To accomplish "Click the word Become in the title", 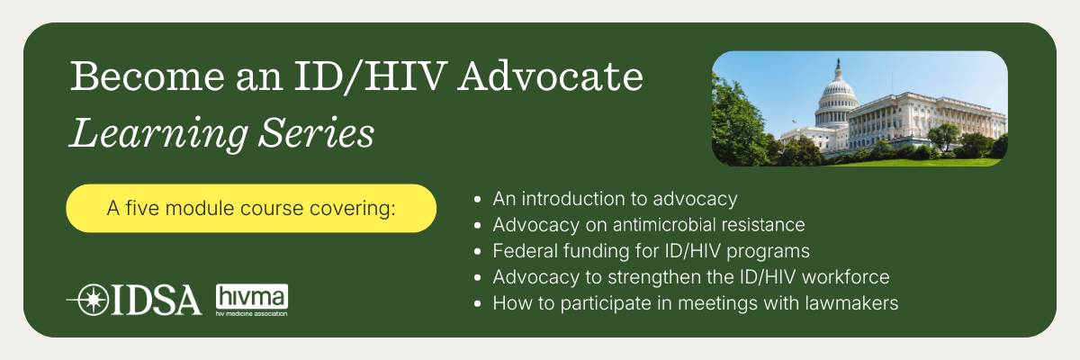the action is click(x=148, y=76).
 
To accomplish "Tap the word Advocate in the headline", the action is click(x=551, y=76).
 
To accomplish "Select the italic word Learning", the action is click(x=159, y=133).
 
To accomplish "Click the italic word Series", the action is click(x=317, y=131).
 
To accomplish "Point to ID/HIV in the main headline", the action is click(x=371, y=76).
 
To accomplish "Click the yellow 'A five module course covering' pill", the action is click(x=251, y=208).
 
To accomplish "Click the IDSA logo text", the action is click(x=157, y=301).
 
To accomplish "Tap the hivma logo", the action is click(x=252, y=300).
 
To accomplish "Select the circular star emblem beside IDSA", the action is click(x=93, y=300).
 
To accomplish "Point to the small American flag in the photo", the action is click(x=794, y=121).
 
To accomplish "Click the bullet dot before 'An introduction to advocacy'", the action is click(x=477, y=199).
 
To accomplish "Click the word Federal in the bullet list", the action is click(x=525, y=251).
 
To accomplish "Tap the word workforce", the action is click(x=846, y=277).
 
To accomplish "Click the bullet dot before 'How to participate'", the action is click(x=477, y=303).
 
